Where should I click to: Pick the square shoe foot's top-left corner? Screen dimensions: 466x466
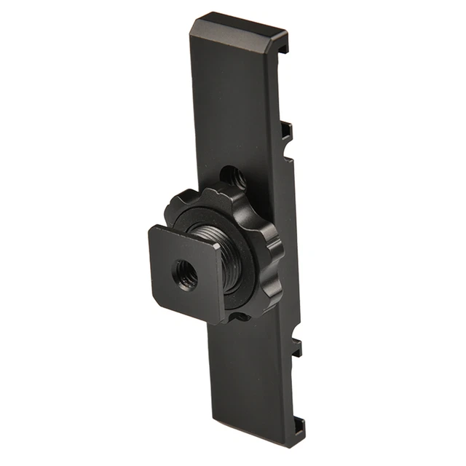(151, 229)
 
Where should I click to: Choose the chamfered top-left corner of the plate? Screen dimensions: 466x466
(191, 28)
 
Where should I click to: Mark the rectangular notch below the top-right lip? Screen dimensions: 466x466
(287, 131)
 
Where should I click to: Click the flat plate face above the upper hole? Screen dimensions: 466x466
(233, 102)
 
